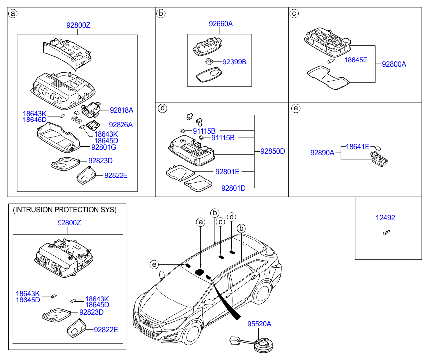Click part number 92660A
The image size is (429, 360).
coord(220,23)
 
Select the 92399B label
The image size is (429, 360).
coord(234,62)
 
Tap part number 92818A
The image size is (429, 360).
coord(122,110)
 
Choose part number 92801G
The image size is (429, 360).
coord(104,147)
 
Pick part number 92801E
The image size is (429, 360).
coord(227,172)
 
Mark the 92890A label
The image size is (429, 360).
coord(323,153)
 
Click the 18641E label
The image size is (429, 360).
coord(357,147)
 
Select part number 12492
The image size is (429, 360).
coord(385,218)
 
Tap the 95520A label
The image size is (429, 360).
coord(259,324)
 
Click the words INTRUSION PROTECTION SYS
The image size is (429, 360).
coord(64,210)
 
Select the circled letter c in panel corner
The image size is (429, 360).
coord(294,13)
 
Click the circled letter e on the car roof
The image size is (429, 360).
coord(155,265)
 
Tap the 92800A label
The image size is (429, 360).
coord(394,64)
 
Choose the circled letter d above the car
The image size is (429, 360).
coord(231,217)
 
